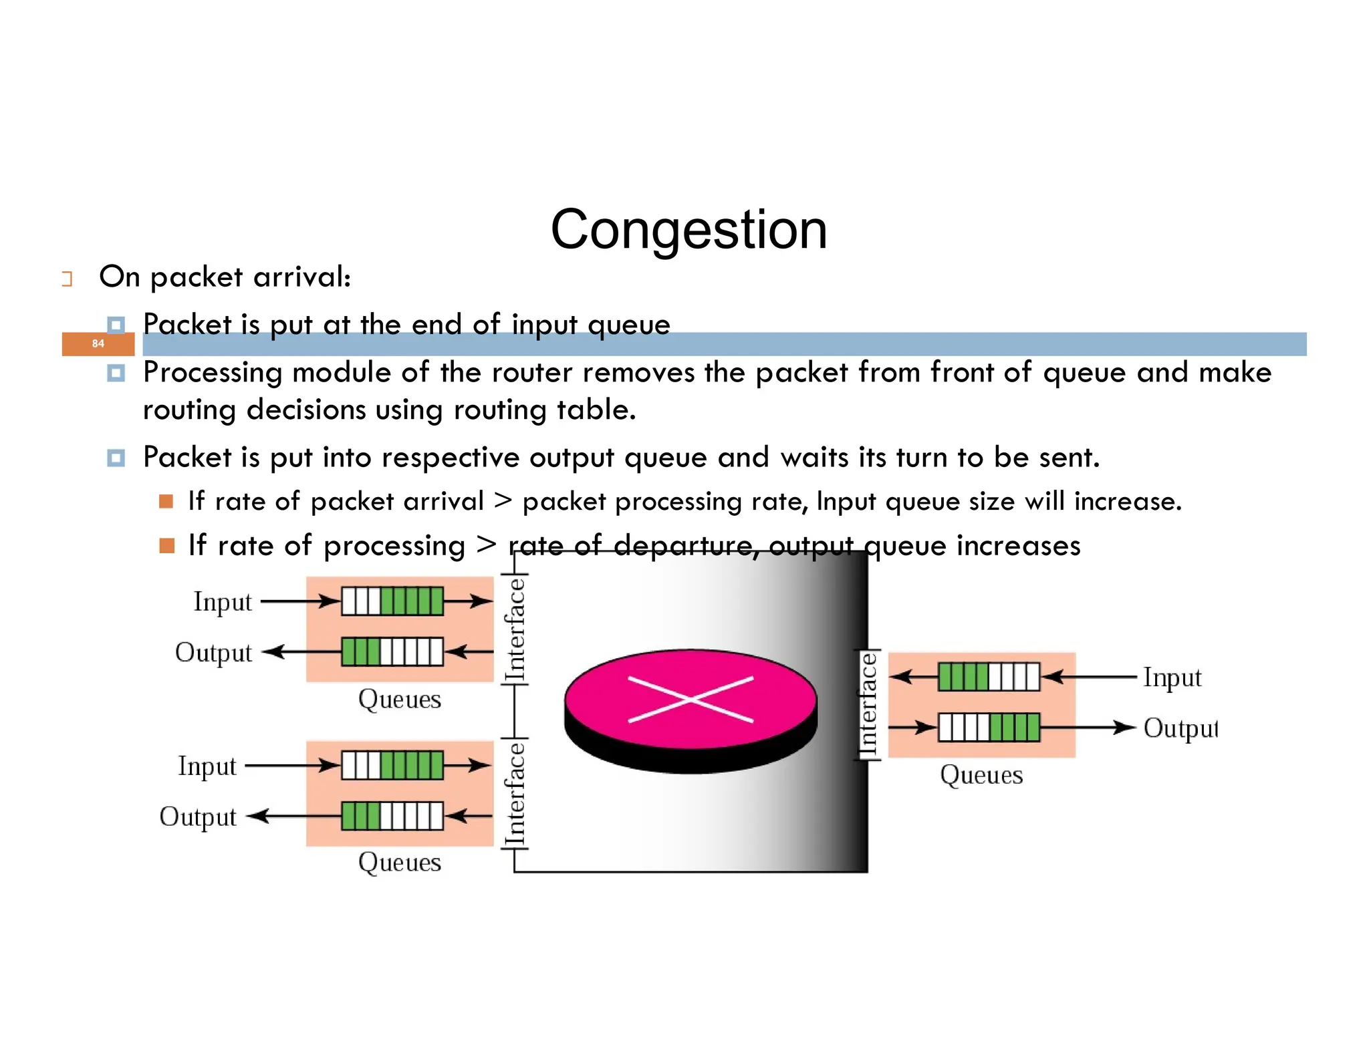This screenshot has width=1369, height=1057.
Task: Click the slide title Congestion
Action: [x=689, y=229]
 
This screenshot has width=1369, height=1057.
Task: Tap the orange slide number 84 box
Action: [x=98, y=343]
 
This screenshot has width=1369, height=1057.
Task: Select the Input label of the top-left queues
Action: [x=223, y=601]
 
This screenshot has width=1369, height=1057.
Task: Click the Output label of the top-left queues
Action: [x=213, y=652]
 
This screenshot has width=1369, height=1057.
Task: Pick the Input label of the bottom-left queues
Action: [x=207, y=766]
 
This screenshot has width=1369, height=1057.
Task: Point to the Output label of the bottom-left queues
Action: [x=198, y=816]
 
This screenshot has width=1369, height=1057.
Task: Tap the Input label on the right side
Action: [x=1172, y=677]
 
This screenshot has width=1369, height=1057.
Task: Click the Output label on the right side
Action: [x=1180, y=728]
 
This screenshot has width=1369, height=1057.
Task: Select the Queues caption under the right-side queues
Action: [x=981, y=775]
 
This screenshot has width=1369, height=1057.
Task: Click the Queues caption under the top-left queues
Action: [x=400, y=699]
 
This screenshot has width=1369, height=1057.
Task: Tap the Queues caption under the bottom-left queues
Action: [x=400, y=862]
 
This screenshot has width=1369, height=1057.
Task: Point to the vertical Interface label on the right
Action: [x=868, y=704]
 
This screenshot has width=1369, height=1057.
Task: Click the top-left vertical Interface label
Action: [x=515, y=629]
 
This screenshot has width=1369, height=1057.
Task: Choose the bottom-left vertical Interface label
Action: [x=515, y=794]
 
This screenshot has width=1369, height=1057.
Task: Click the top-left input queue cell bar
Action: [x=392, y=601]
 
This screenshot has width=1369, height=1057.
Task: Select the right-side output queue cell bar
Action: [x=989, y=728]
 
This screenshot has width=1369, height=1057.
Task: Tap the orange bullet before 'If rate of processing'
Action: [x=166, y=546]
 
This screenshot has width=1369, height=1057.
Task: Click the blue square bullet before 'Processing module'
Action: [x=116, y=373]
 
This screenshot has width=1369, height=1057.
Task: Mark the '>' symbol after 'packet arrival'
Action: [x=503, y=500]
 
